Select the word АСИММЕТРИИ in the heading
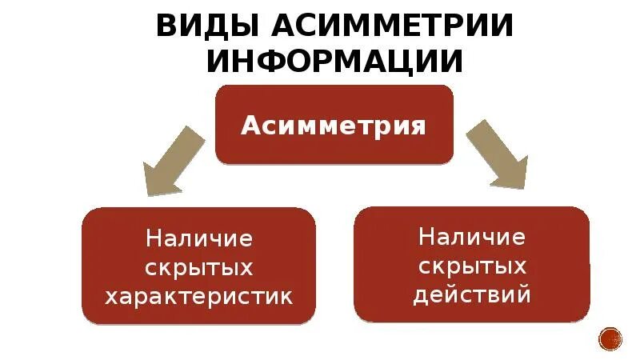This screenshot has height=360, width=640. [x=393, y=26]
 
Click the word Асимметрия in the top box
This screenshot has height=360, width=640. [x=334, y=126]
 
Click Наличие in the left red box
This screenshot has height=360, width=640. [x=199, y=238]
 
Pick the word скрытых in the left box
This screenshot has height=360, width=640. [x=199, y=268]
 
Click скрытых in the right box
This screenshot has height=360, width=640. [x=472, y=266]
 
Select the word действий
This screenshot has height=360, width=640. [x=472, y=295]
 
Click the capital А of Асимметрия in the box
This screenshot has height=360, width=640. [x=250, y=126]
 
